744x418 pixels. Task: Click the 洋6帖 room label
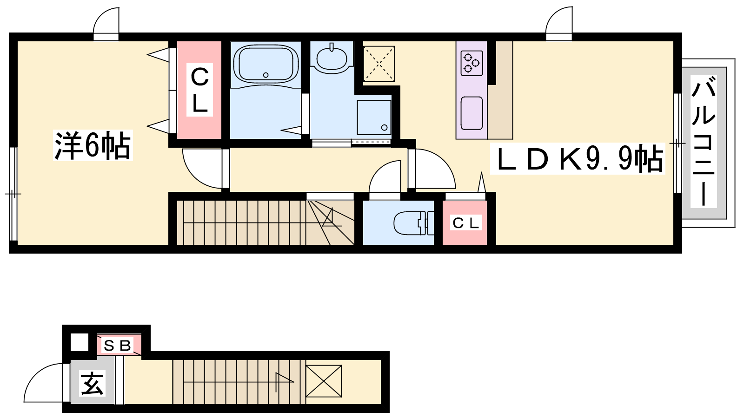pyautogui.click(x=93, y=145)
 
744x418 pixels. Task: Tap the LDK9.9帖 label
pyautogui.click(x=577, y=158)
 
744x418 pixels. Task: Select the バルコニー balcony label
pyautogui.click(x=704, y=141)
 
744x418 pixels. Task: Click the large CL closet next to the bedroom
pyautogui.click(x=199, y=90)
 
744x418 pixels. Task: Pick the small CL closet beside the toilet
pyautogui.click(x=465, y=222)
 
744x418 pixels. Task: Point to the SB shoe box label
pyautogui.click(x=119, y=346)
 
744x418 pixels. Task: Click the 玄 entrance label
pyautogui.click(x=93, y=384)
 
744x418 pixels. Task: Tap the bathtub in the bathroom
pyautogui.click(x=266, y=64)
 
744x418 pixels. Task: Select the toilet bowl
pyautogui.click(x=413, y=223)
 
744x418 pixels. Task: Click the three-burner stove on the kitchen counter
pyautogui.click(x=472, y=63)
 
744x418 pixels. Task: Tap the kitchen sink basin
pyautogui.click(x=472, y=113)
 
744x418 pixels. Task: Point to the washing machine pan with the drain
pyautogui.click(x=374, y=118)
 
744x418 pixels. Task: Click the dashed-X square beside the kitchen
pyautogui.click(x=379, y=64)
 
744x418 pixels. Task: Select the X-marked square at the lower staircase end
pyautogui.click(x=324, y=381)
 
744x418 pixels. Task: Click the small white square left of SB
pyautogui.click(x=80, y=342)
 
